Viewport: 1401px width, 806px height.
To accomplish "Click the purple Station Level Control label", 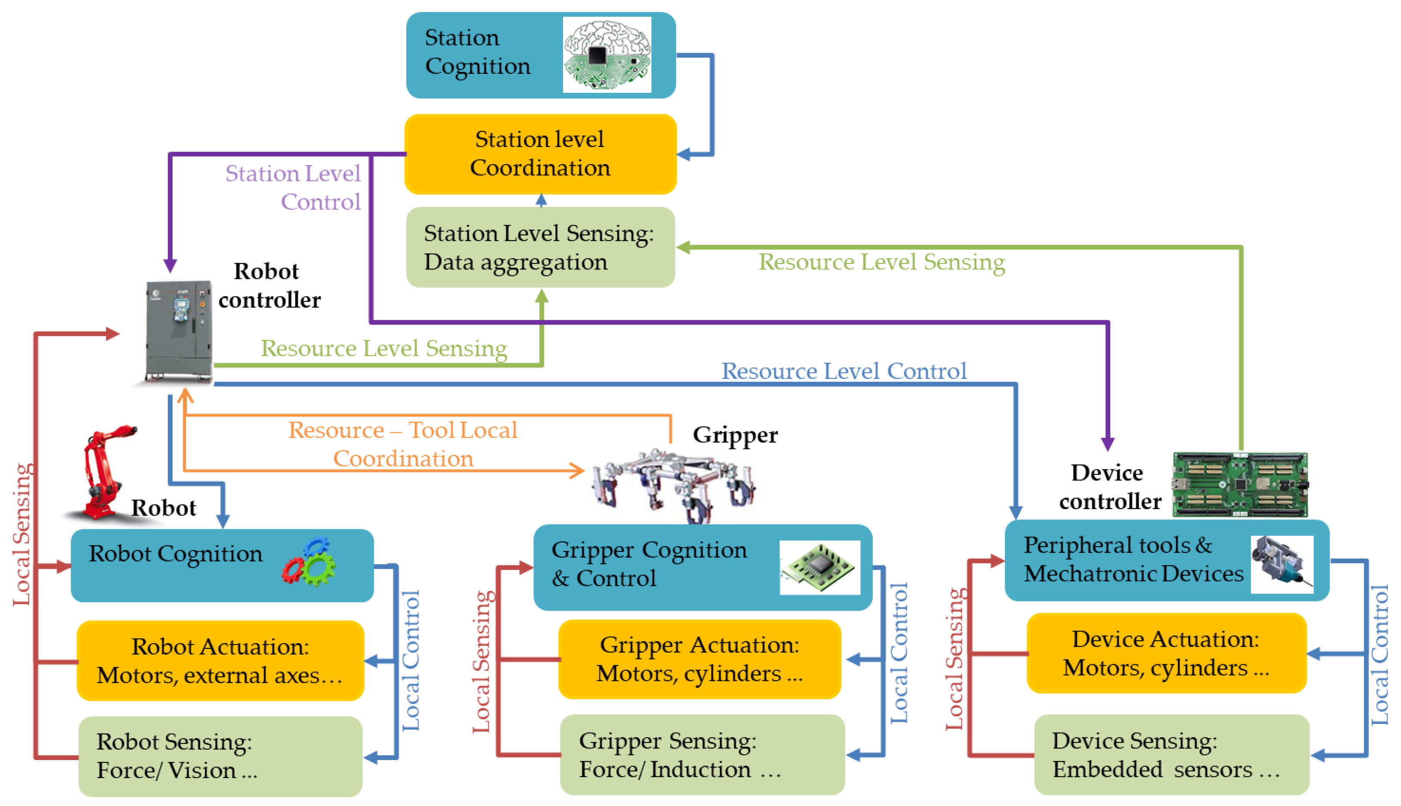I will (293, 187).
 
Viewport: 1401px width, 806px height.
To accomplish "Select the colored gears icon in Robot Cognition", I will (309, 562).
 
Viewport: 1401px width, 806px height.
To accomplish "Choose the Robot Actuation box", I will (220, 660).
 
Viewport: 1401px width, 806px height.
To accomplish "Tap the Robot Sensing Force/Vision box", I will (220, 756).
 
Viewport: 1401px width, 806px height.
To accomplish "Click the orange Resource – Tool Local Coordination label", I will (403, 444).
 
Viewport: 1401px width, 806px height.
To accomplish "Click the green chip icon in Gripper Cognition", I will (819, 568).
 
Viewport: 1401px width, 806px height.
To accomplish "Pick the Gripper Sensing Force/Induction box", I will (702, 754).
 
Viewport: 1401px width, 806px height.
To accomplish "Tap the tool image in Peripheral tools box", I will (1282, 564).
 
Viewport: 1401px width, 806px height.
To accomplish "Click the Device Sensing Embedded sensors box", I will (1171, 754).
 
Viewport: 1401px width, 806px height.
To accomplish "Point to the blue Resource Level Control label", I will (844, 371).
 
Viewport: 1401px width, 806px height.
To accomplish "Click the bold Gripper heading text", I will (735, 435).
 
